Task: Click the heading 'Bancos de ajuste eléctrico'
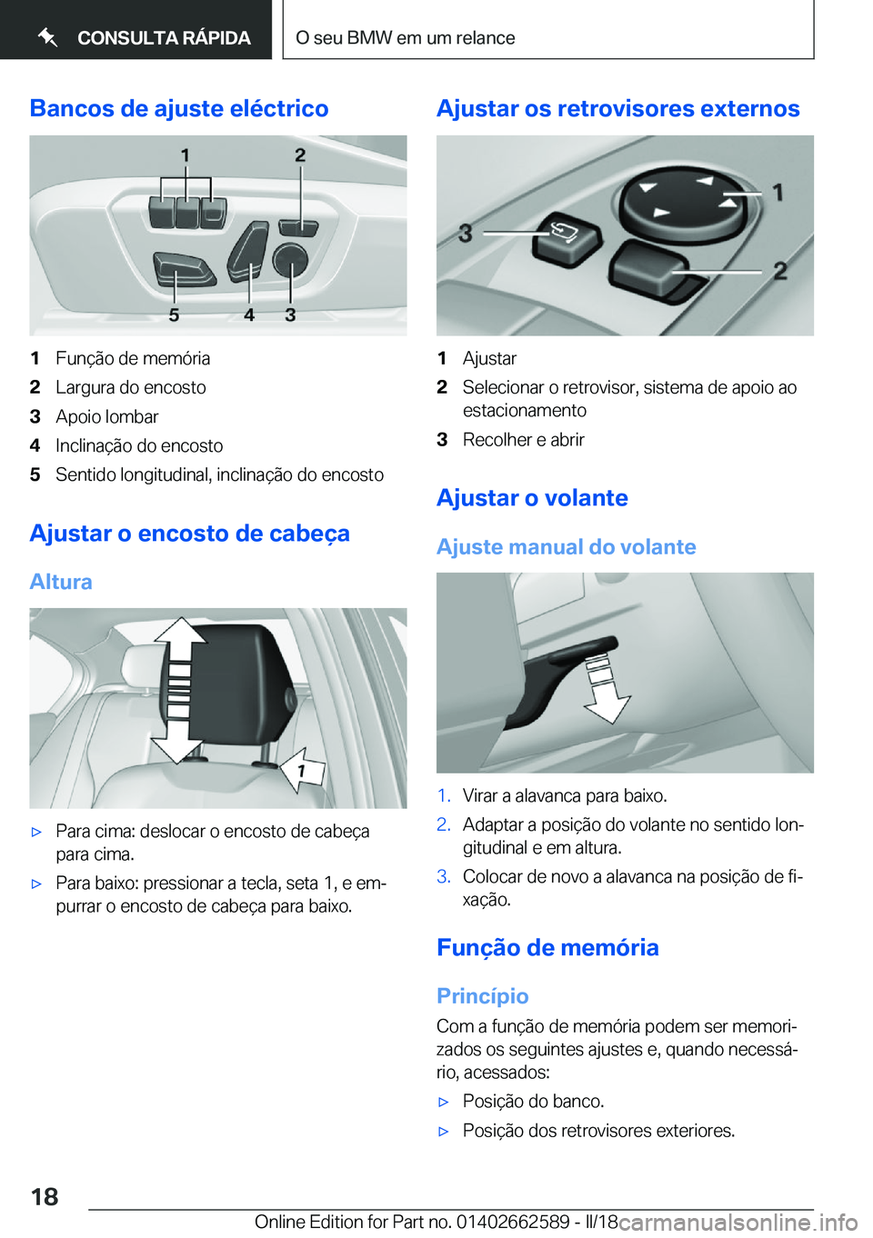179,108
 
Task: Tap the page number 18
45,1196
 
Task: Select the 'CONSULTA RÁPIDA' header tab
144,37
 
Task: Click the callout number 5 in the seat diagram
174,315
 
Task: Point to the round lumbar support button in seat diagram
290,260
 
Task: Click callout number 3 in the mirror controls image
466,234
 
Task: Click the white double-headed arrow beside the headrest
178,689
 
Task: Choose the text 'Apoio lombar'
107,416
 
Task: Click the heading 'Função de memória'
547,947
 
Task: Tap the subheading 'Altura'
61,582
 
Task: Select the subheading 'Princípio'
482,996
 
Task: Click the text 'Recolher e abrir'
523,440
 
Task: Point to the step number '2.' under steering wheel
443,824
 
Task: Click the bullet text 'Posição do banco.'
533,1102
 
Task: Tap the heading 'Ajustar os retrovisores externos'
617,108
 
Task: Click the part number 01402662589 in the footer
512,1222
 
